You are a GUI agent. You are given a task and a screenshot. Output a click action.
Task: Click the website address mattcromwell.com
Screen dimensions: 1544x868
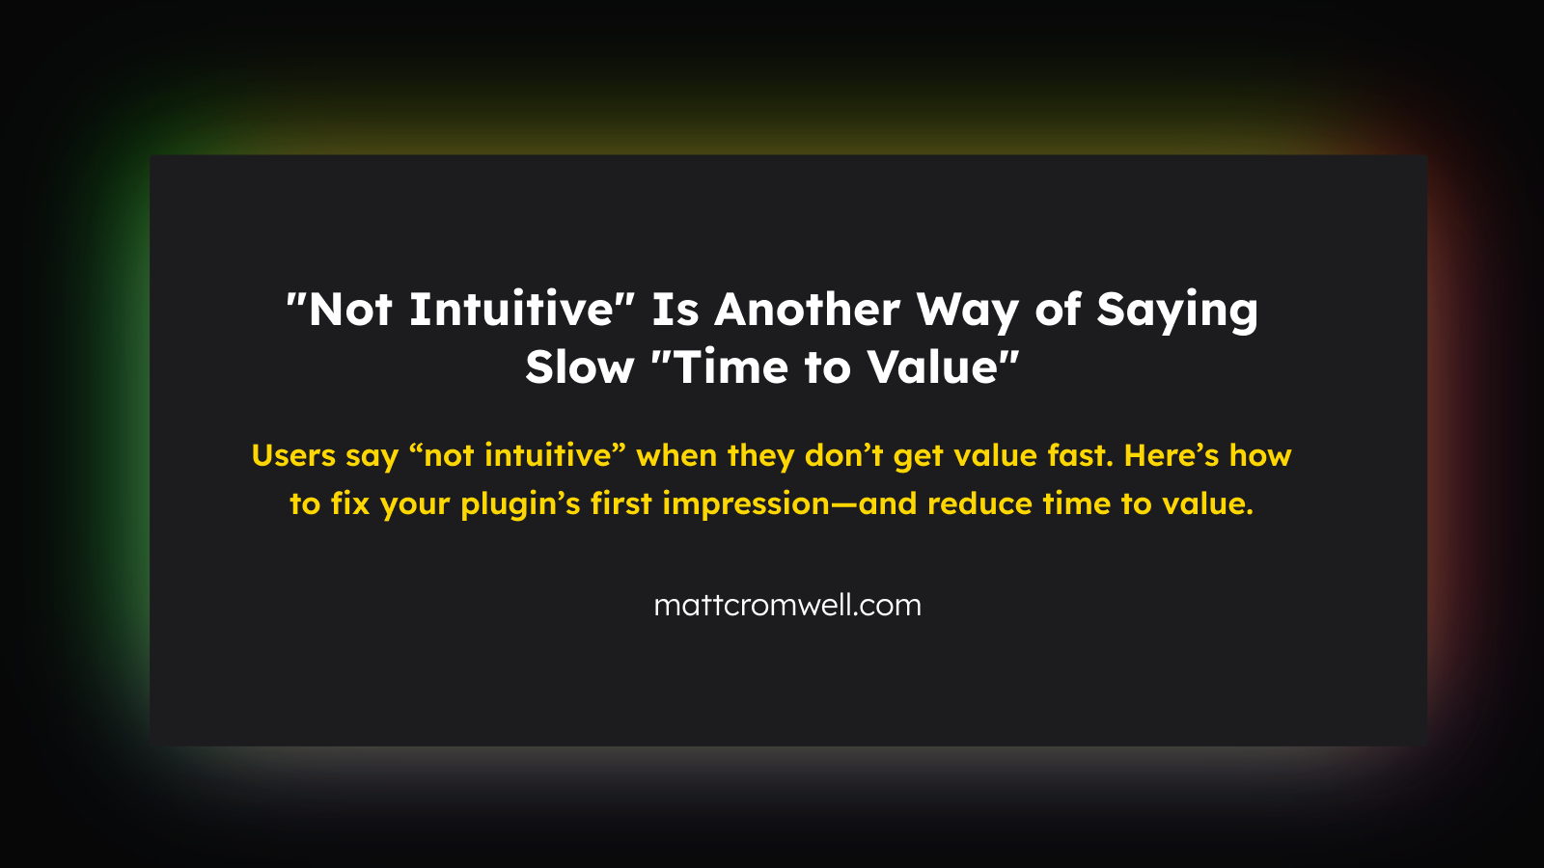pos(787,606)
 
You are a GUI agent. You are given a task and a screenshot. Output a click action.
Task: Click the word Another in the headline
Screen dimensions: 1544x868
pos(807,310)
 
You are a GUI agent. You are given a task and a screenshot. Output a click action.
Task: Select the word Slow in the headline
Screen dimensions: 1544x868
pos(579,367)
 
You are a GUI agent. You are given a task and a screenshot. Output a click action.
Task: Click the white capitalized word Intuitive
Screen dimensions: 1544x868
pos(511,310)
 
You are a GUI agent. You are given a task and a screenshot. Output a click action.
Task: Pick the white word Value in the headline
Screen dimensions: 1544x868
pos(933,367)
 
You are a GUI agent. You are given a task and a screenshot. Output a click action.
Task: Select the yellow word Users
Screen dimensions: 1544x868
pos(293,456)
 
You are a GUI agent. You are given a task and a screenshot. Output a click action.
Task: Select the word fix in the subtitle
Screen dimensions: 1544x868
pos(350,504)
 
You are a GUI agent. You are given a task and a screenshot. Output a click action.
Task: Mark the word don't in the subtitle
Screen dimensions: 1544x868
pos(843,456)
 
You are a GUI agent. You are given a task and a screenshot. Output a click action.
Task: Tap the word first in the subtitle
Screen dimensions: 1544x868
pos(621,504)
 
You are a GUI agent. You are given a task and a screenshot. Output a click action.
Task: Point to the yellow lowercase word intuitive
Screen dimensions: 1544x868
pos(548,456)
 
